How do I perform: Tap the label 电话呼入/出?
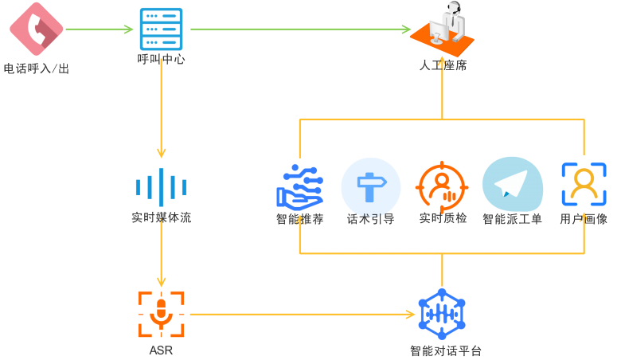coord(36,69)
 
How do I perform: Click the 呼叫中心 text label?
coord(161,59)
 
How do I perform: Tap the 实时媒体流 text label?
coord(161,217)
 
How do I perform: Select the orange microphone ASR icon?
coord(161,314)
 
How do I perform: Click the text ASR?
coord(161,350)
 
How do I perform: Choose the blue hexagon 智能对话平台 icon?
coord(442,314)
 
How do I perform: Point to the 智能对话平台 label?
coord(445,350)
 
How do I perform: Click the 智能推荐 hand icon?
coord(299,186)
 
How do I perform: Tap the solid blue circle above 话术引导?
coord(370,186)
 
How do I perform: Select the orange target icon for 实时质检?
coord(442,186)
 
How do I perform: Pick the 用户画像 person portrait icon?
coord(584,185)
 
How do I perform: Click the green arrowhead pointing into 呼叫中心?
coord(129,29)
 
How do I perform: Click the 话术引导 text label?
coord(370,219)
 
